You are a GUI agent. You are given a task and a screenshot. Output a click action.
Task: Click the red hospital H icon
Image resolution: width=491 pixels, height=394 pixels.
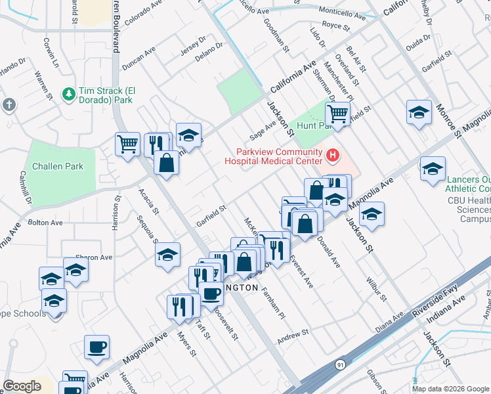(333, 156)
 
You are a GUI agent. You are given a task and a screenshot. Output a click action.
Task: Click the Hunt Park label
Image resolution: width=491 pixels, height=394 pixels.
(310, 125)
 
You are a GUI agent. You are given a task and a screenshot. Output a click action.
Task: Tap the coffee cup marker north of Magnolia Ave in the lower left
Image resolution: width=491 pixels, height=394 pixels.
(97, 347)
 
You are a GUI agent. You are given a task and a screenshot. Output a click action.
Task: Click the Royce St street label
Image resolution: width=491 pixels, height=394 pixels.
(336, 26)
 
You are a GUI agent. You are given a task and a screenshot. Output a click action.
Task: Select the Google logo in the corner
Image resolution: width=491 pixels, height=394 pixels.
(22, 386)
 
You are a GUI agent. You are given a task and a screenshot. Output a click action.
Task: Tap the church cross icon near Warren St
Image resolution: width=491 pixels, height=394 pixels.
(9, 105)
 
